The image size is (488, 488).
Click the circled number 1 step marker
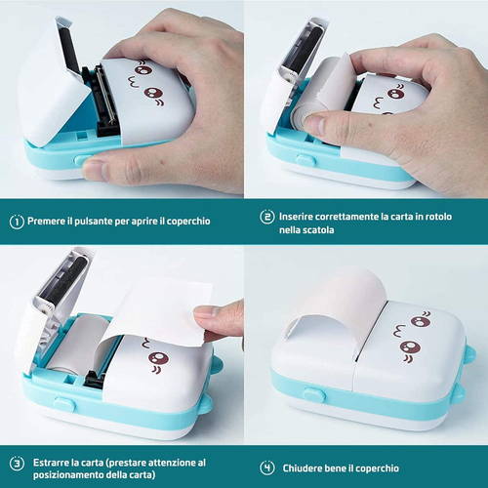click(x=17, y=221)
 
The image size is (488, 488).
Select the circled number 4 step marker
click(x=266, y=467)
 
